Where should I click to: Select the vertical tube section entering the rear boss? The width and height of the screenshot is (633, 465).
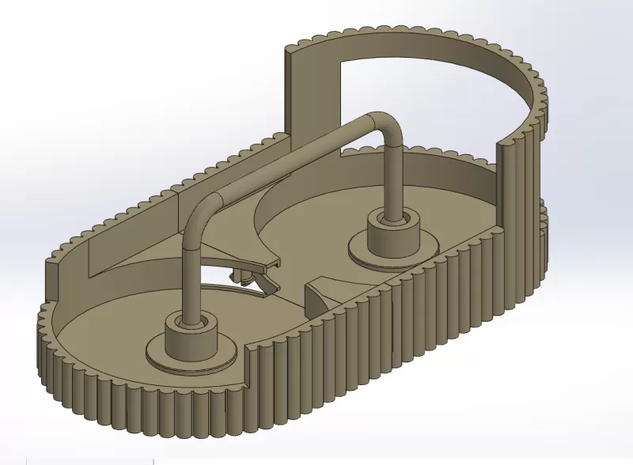point(393,178)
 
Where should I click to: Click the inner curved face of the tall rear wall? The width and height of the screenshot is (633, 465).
point(506,87)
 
